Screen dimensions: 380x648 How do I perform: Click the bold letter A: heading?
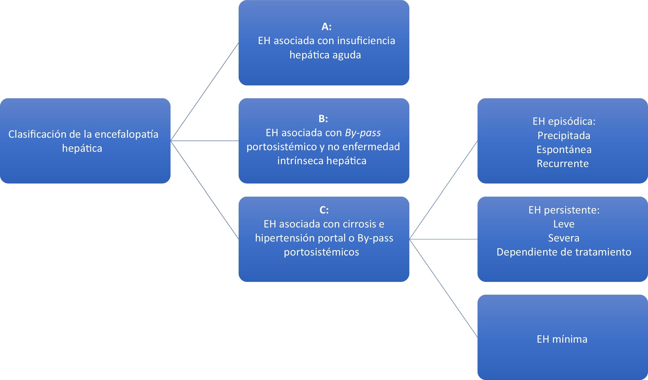[326, 26]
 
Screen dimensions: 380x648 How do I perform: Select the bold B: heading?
[323, 119]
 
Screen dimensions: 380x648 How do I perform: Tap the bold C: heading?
[324, 210]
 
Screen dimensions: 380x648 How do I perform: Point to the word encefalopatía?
[126, 134]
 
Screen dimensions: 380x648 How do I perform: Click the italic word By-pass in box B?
[363, 133]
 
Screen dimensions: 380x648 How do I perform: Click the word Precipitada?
[564, 135]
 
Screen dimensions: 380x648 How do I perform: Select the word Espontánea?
[564, 149]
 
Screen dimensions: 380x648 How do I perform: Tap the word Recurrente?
[562, 163]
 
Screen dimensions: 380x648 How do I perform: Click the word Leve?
[564, 224]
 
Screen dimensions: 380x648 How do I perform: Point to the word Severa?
[564, 238]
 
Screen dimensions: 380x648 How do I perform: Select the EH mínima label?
[562, 339]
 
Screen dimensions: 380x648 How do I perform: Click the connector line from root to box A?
[205, 92]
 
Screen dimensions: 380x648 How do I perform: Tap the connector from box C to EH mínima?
[443, 288]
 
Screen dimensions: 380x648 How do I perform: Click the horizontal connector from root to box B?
[205, 141]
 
